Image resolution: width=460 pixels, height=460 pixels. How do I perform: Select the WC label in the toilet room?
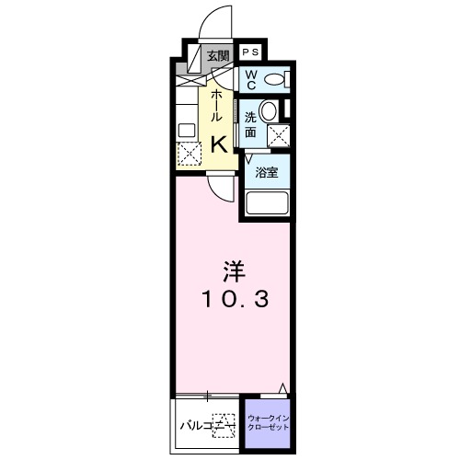click(x=250, y=77)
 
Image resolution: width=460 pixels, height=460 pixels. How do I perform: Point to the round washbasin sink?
click(x=270, y=111)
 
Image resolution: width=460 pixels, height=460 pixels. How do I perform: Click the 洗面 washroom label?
click(x=251, y=125)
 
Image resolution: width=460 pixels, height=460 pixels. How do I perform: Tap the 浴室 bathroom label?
click(x=267, y=172)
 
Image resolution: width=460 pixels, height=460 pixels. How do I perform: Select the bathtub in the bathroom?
click(x=267, y=203)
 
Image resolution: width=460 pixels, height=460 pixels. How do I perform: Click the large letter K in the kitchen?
click(x=221, y=144)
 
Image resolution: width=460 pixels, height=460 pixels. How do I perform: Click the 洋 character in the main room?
click(x=230, y=273)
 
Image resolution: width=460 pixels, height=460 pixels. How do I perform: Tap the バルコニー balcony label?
click(x=201, y=425)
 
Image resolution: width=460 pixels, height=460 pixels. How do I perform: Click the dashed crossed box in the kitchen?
click(x=189, y=154)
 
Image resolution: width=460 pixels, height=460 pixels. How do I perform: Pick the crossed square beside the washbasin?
click(x=277, y=135)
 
